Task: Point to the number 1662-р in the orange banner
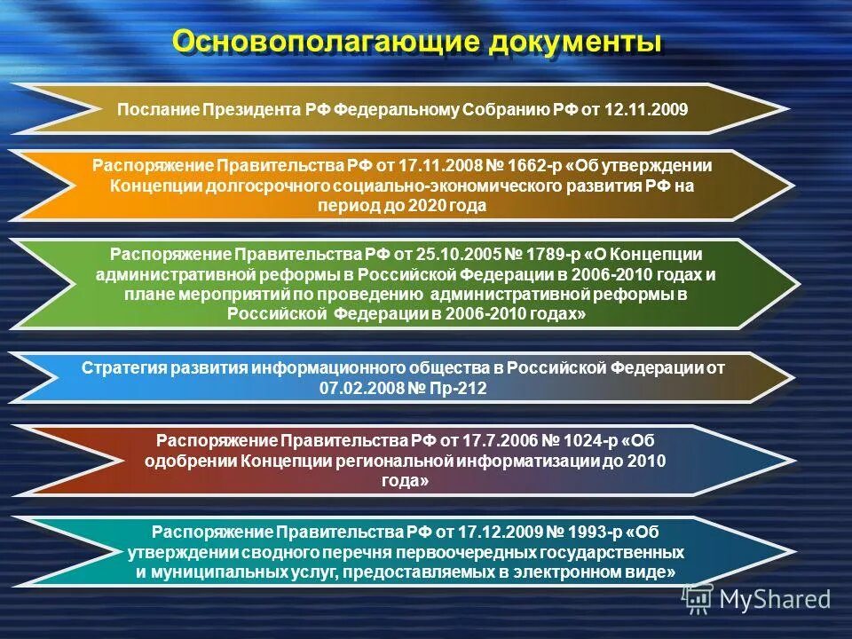pos(533,166)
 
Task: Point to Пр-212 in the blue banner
pos(458,389)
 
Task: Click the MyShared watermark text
pos(774,600)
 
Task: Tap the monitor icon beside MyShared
pos(698,600)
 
